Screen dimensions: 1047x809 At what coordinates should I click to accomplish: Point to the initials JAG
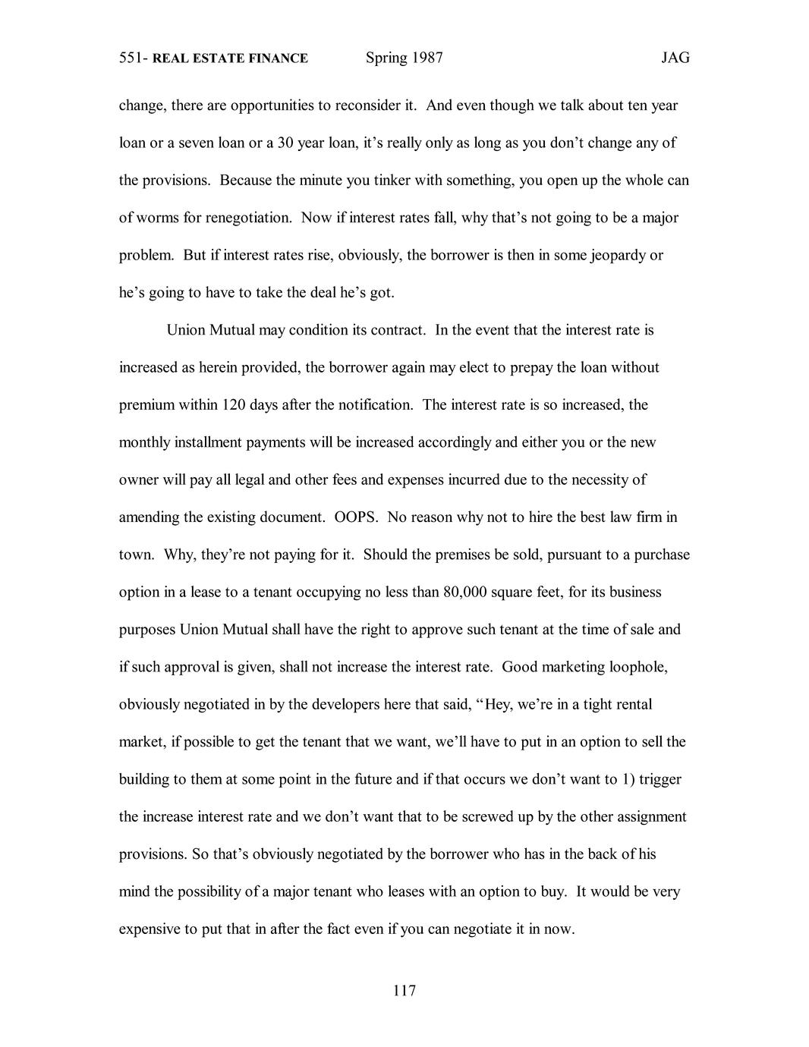[675, 58]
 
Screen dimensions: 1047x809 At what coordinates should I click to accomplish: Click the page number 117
[404, 990]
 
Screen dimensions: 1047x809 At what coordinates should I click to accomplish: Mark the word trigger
[660, 779]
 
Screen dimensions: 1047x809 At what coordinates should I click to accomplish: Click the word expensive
[150, 929]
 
